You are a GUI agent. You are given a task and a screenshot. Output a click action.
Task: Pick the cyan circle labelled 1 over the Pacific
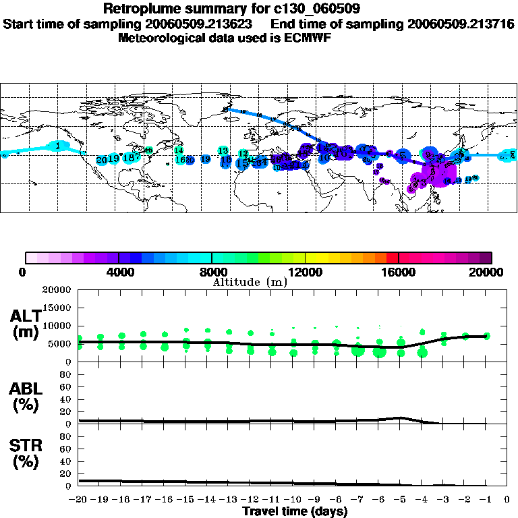coord(59,146)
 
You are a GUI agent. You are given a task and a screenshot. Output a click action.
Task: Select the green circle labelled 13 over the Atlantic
coord(223,150)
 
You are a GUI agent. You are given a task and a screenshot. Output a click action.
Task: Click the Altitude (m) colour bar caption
coord(250,282)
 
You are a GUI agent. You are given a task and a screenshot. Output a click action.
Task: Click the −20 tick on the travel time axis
coord(78,500)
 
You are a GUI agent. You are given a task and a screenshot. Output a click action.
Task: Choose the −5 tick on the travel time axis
coord(401,500)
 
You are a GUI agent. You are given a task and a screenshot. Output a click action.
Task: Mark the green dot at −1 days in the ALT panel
coord(487,336)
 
